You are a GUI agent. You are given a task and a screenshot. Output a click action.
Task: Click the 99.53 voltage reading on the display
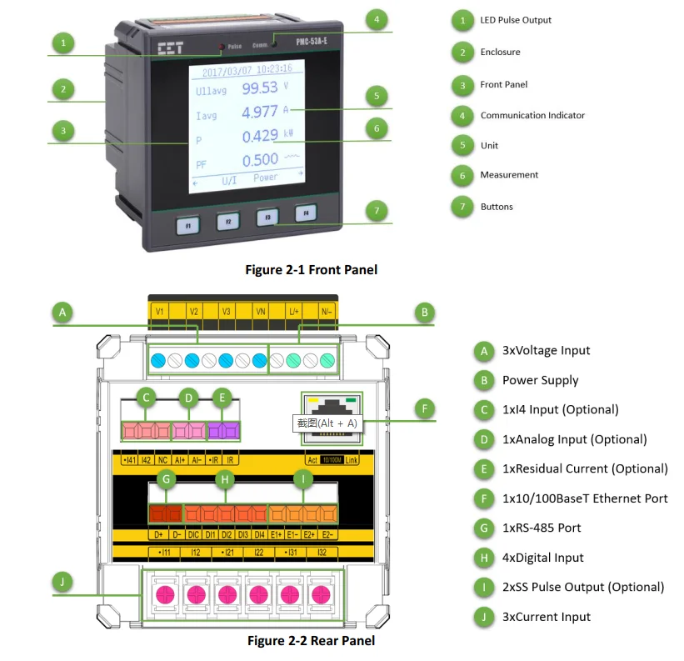pos(260,88)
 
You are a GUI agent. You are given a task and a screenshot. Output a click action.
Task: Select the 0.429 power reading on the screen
pos(260,136)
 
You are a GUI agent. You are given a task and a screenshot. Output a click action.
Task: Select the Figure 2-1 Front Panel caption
pos(311,269)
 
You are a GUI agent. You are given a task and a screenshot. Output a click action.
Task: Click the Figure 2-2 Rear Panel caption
pos(311,640)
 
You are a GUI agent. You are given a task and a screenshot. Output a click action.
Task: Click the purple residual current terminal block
pos(223,431)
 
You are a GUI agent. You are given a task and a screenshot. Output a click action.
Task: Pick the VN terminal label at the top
pos(260,311)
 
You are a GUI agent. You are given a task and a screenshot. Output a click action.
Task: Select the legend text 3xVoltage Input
pos(546,351)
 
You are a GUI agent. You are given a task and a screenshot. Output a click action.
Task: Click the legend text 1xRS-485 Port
pos(542,528)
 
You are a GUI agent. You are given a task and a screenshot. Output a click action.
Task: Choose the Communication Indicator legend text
pos(532,115)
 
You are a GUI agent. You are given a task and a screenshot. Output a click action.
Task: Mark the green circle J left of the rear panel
pos(62,580)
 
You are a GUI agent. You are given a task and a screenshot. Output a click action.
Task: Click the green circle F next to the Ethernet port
pos(425,408)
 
